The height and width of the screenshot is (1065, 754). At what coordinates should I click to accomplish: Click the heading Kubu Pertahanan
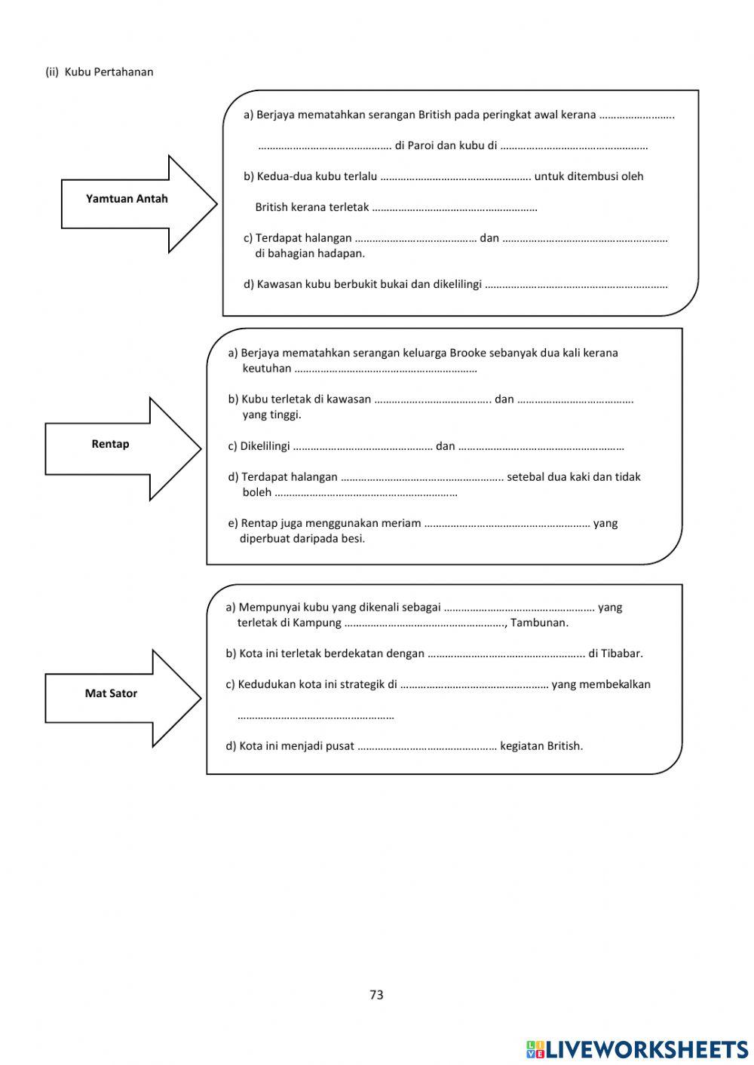pos(109,72)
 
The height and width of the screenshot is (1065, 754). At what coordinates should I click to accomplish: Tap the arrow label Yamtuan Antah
pos(127,199)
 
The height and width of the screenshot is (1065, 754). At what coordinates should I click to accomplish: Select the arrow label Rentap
pos(110,444)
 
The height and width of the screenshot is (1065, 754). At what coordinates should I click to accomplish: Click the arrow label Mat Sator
pos(111,693)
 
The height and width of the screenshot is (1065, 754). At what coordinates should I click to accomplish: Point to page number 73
pos(376,995)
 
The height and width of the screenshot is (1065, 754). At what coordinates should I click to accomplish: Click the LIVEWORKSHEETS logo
pos(637,1048)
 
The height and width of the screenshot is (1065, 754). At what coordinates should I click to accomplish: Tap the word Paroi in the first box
pos(422,145)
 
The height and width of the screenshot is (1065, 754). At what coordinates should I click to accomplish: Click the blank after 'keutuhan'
pos(385,369)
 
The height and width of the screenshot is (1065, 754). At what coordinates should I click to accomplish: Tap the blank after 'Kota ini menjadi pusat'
pos(427,747)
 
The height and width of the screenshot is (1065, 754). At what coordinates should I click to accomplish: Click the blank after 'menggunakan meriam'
pos(507,524)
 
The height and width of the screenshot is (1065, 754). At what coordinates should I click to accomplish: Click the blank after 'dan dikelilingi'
pos(576,286)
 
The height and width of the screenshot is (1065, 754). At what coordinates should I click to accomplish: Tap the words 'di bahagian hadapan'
pos(310,253)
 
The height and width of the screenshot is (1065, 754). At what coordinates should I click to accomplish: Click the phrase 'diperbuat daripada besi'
pos(302,538)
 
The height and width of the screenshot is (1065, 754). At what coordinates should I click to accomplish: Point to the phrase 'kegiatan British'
pos(541,746)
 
